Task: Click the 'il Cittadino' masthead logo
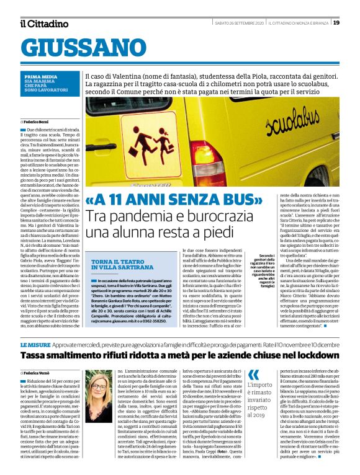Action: point(43,24)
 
